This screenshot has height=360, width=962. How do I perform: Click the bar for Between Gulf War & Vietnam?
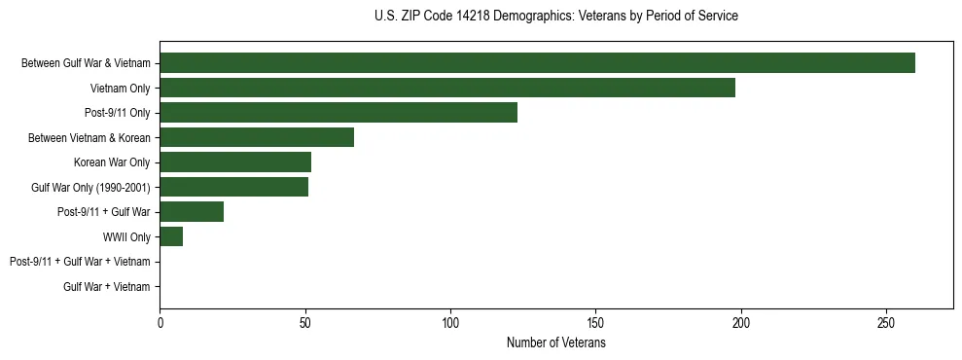click(537, 63)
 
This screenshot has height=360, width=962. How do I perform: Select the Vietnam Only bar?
click(447, 88)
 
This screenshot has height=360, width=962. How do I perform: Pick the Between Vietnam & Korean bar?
click(257, 137)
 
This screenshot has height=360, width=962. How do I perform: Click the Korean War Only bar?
click(235, 162)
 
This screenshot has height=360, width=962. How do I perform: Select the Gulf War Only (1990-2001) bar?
click(233, 187)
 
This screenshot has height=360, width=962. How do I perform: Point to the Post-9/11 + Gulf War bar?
click(192, 211)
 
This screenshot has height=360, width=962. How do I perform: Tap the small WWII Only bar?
click(171, 236)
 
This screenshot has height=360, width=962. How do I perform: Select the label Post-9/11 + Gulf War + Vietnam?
click(80, 262)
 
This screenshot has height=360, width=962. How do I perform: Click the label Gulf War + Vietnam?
click(107, 286)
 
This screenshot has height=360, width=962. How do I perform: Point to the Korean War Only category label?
click(112, 162)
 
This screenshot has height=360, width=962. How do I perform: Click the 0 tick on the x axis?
click(160, 322)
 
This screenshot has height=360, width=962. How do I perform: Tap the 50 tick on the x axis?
click(305, 322)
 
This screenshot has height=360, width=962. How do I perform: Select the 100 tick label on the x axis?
click(450, 322)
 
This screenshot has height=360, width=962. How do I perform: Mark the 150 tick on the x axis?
click(596, 322)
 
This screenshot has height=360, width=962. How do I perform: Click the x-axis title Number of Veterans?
click(555, 343)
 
